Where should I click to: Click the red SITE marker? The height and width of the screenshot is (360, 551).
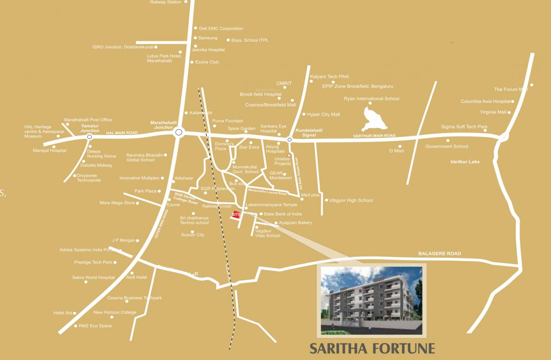pyautogui.click(x=236, y=215)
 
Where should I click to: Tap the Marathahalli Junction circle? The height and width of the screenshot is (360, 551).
pyautogui.click(x=178, y=133)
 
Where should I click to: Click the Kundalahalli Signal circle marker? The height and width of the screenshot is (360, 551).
pyautogui.click(x=290, y=139)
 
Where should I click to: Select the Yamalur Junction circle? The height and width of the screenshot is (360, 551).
pyautogui.click(x=89, y=137)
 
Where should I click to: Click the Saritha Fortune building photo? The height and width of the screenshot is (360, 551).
pyautogui.click(x=371, y=300)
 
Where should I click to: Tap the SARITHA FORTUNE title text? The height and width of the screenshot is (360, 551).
pyautogui.click(x=372, y=349)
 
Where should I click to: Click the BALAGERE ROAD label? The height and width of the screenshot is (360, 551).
pyautogui.click(x=439, y=254)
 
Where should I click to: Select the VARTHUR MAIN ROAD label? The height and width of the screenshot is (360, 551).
pyautogui.click(x=374, y=136)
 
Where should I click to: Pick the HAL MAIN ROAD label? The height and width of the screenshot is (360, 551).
pyautogui.click(x=122, y=133)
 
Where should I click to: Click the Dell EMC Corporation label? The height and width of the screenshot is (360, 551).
pyautogui.click(x=221, y=29)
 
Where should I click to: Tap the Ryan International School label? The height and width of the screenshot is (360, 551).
pyautogui.click(x=371, y=99)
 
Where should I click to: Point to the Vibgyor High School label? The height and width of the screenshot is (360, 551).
pyautogui.click(x=351, y=200)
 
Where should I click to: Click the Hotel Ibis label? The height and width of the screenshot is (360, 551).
pyautogui.click(x=62, y=313)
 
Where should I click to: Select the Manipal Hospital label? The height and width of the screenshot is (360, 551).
pyautogui.click(x=50, y=150)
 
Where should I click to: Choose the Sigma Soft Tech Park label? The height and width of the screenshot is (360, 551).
pyautogui.click(x=464, y=127)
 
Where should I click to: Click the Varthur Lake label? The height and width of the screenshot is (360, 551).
pyautogui.click(x=465, y=162)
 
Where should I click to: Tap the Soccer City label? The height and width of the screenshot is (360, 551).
pyautogui.click(x=193, y=234)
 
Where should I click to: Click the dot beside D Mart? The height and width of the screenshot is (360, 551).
pyautogui.click(x=400, y=146)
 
